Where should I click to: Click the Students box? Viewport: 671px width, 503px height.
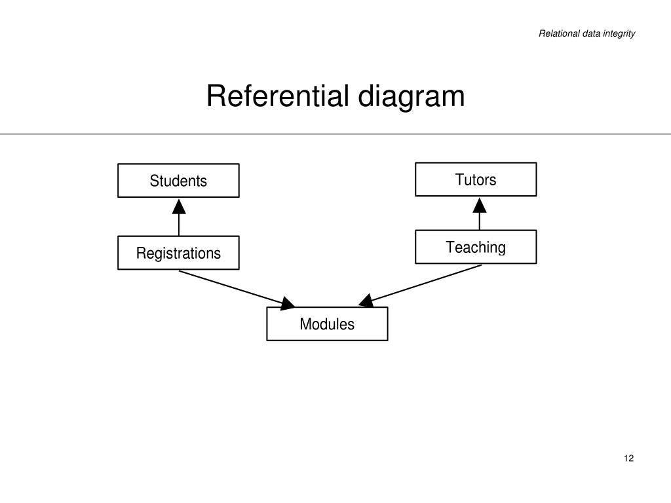[x=178, y=181]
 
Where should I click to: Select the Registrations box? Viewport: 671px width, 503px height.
[x=178, y=253]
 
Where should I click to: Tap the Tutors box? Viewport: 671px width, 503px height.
[x=476, y=179]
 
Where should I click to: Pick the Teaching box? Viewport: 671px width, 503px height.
[x=476, y=247]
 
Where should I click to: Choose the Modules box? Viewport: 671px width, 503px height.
[x=327, y=324]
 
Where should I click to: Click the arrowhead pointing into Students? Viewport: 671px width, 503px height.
[x=179, y=207]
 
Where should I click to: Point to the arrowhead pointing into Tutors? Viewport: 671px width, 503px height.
[x=480, y=206]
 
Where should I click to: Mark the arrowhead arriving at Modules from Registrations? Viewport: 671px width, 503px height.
[x=288, y=303]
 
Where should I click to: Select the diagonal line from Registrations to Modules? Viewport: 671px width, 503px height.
[x=229, y=286]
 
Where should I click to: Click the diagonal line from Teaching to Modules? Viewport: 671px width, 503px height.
[x=426, y=283]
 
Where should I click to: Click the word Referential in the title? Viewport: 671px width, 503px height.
[x=278, y=96]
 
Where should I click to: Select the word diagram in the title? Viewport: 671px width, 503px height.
[x=411, y=98]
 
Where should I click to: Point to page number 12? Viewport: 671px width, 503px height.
[x=629, y=458]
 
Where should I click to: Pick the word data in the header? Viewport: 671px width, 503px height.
[x=590, y=33]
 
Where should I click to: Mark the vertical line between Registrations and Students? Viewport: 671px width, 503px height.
[x=179, y=225]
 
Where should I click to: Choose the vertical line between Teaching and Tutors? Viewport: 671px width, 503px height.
[x=480, y=222]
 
